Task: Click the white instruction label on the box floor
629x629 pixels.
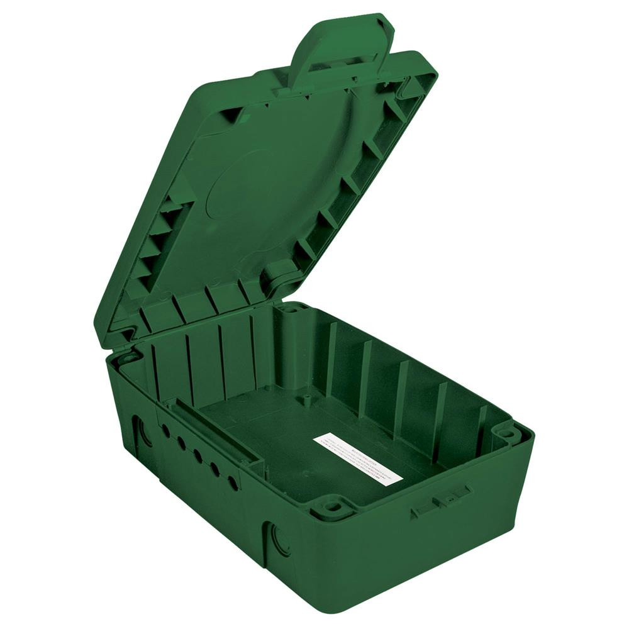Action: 357,458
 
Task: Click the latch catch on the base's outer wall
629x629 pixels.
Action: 442,500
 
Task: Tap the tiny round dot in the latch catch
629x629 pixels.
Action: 448,497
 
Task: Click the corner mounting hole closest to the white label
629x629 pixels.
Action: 331,505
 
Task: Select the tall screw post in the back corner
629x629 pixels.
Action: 291,343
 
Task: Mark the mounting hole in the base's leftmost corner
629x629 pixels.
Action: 129,359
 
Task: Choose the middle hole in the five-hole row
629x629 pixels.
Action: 198,455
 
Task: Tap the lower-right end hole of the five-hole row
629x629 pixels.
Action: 233,483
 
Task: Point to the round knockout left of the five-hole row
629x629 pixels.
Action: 143,433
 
